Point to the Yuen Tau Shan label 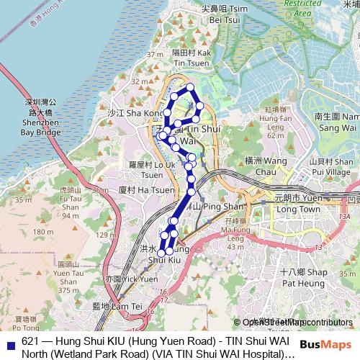pos(70,277)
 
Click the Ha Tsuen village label pos(146,190)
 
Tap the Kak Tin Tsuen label pos(191,58)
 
